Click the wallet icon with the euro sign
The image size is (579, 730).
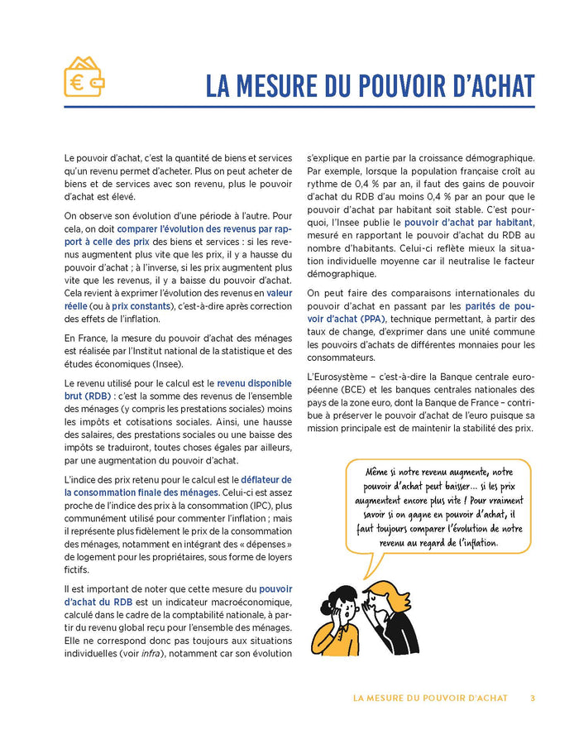84,77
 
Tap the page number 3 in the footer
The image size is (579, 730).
533,698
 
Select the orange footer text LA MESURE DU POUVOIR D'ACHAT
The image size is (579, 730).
430,698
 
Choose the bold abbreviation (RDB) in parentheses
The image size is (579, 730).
86,396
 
